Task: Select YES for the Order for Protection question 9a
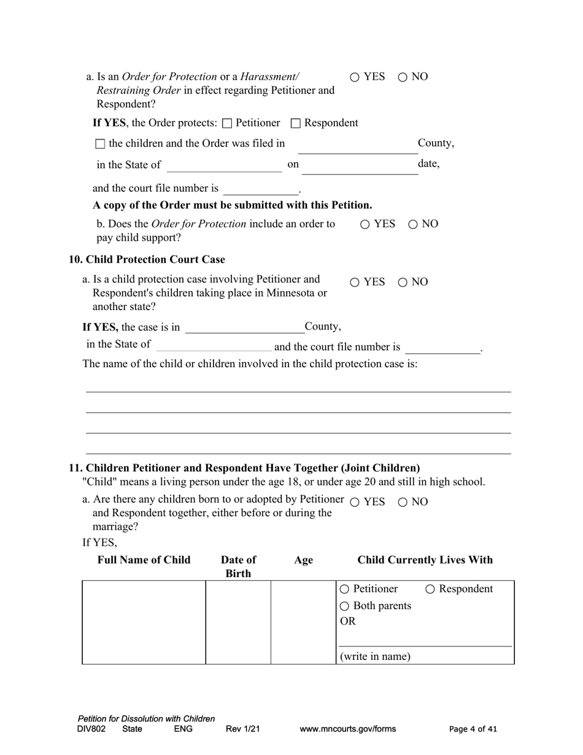355,77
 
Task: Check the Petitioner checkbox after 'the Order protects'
227,123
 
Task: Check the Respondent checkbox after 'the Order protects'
296,123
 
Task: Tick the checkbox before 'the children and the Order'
101,144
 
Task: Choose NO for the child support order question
413,225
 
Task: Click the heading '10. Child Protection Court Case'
147,260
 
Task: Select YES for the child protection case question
355,283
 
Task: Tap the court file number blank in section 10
442,348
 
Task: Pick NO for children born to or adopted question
403,503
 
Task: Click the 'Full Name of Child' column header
144,560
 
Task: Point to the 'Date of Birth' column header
238,566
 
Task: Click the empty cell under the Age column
303,622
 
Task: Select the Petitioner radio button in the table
344,589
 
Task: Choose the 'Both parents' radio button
344,606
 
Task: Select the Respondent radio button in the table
430,589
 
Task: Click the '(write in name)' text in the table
375,656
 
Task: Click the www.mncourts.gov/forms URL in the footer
347,729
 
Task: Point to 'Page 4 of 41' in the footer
473,729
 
